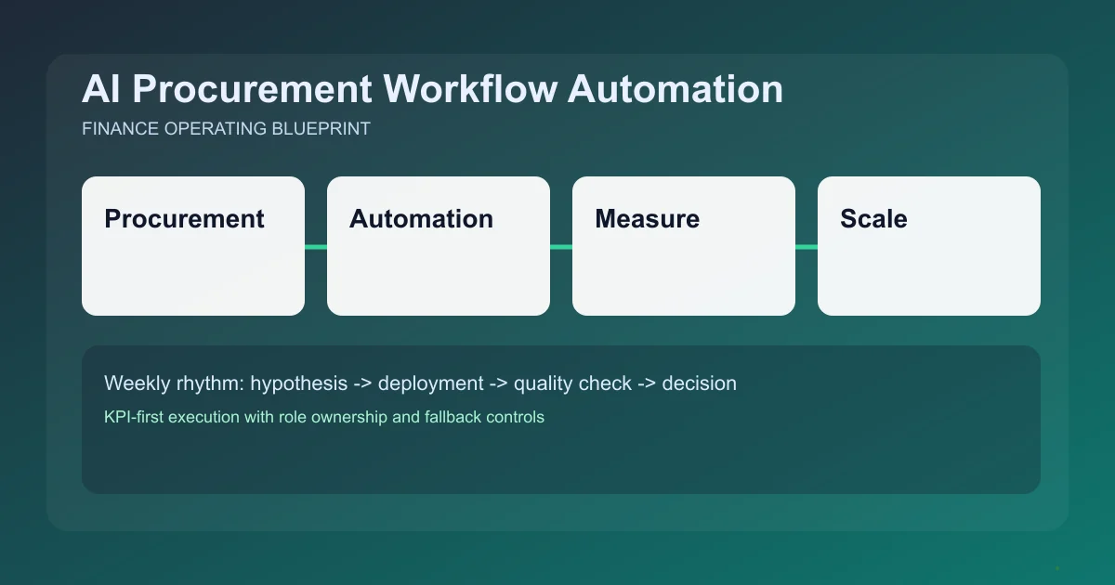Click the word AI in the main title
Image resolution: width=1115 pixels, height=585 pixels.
click(100, 90)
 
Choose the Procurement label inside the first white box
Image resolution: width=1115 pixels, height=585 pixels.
click(184, 219)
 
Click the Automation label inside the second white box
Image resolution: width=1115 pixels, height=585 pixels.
click(421, 219)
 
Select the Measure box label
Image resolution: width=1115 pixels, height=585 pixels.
click(647, 219)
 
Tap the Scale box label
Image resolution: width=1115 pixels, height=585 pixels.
click(873, 219)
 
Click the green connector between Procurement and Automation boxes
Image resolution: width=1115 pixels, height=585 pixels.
click(316, 247)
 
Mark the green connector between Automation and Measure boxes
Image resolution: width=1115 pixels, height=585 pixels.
click(561, 247)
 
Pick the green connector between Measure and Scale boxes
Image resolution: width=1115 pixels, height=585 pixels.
click(807, 247)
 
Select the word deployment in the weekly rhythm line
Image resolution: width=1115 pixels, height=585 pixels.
click(430, 383)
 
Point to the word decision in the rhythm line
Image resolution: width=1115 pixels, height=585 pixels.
click(699, 383)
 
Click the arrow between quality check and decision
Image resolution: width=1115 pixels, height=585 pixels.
click(647, 383)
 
